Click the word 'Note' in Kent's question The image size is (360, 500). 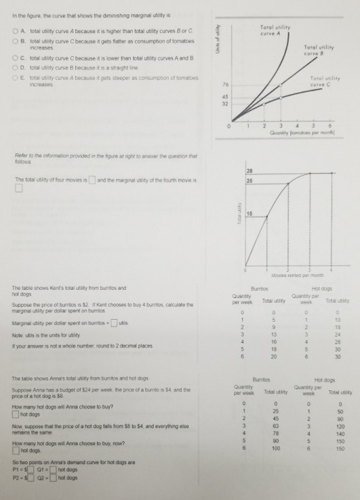18,330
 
